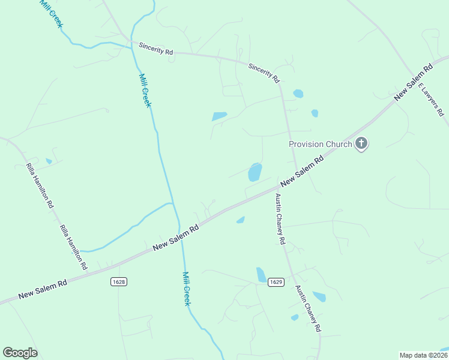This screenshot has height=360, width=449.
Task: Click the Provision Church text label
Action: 320,144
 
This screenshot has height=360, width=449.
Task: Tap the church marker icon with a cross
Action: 361,143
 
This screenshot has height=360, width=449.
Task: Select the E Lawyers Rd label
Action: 431,100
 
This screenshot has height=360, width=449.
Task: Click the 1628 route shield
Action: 119,281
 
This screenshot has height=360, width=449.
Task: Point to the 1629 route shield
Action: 276,281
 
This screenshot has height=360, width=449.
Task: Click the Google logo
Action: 20,353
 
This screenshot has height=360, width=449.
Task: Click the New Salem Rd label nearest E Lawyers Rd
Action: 413,82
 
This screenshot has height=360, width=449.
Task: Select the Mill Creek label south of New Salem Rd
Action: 186,289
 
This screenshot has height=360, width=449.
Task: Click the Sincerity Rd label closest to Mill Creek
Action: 155,49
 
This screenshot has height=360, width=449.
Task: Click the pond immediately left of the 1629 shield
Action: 261,275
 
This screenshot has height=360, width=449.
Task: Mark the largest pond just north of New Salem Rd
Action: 255,172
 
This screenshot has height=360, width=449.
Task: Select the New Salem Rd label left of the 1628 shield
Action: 42,290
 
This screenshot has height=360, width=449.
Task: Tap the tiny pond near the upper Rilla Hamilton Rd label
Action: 49,161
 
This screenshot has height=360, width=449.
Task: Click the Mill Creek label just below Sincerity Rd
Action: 145,90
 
